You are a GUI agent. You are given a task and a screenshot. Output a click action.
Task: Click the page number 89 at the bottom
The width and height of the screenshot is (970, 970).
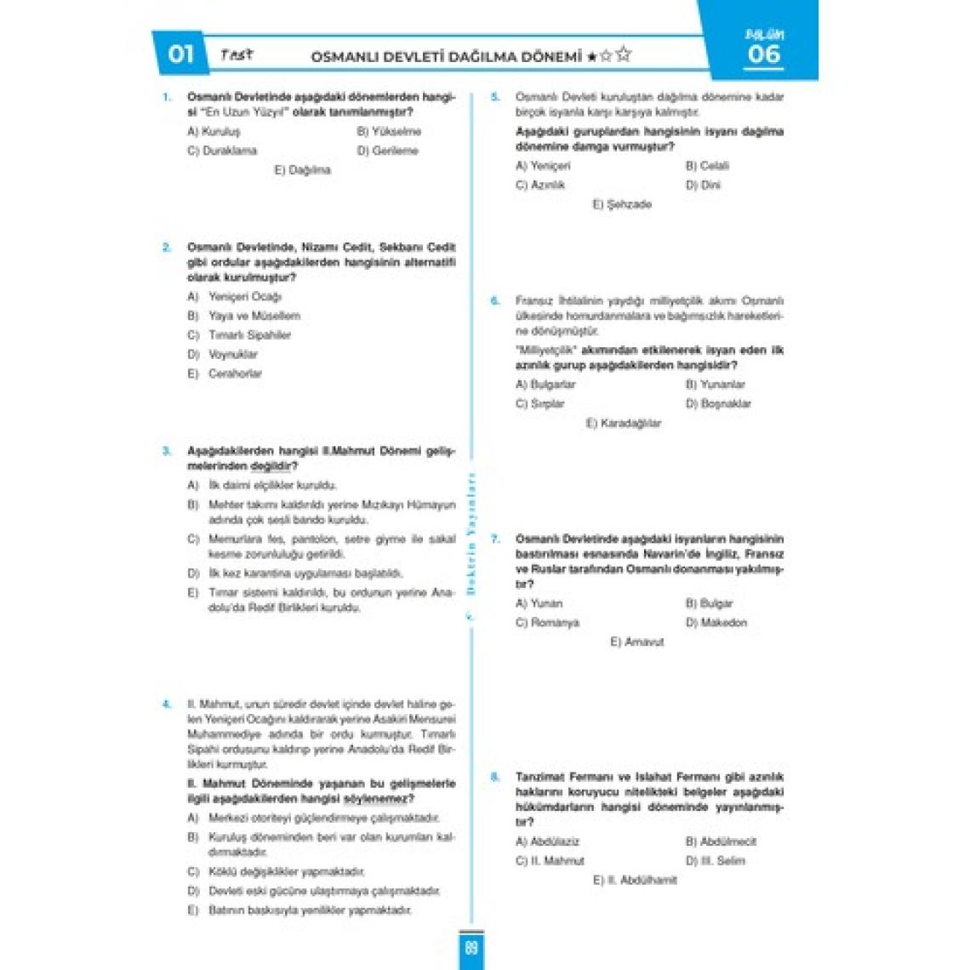tap(471, 948)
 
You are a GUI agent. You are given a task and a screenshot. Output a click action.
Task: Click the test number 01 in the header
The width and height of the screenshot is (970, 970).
tap(180, 54)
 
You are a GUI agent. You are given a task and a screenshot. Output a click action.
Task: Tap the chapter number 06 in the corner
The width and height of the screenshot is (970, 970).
tap(763, 54)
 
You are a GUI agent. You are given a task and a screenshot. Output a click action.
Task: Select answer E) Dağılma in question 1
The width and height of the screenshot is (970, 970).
tap(302, 170)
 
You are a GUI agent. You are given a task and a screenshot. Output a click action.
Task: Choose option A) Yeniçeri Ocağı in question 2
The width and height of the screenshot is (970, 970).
tap(235, 297)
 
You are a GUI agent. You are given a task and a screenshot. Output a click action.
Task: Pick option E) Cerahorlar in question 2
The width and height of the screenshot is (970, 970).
tap(225, 374)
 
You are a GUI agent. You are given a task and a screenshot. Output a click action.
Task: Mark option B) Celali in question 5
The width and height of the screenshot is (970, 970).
tap(707, 166)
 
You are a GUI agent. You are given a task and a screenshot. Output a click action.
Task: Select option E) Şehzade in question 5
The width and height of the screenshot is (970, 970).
tap(622, 204)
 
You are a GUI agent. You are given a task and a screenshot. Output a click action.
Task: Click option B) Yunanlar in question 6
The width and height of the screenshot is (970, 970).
tap(715, 385)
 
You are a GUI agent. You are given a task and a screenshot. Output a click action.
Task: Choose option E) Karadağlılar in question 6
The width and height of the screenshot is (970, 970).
tap(623, 423)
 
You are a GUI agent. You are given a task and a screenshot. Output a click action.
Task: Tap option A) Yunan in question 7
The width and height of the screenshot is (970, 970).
tap(539, 603)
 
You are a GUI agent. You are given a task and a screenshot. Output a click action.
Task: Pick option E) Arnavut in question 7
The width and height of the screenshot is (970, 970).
tap(636, 642)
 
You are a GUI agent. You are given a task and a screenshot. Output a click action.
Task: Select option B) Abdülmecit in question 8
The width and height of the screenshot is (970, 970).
tap(721, 842)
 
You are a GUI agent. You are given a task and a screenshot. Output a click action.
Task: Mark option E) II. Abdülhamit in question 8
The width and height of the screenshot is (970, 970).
tap(635, 880)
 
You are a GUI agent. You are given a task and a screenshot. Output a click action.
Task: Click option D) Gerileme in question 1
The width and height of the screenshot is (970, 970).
tap(387, 151)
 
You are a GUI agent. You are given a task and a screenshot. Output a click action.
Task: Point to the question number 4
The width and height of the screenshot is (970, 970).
tap(167, 705)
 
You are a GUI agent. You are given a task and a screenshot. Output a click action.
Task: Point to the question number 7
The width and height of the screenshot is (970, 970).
tap(495, 539)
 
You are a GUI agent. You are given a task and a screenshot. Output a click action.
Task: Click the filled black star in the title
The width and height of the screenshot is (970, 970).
tap(591, 57)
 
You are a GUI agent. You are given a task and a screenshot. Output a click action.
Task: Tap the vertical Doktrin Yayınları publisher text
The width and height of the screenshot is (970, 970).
tap(471, 536)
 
